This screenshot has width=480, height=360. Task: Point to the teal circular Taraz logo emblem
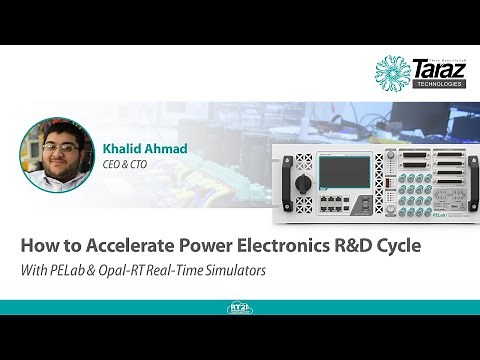(392, 72)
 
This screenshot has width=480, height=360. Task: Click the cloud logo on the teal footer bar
(240, 308)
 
